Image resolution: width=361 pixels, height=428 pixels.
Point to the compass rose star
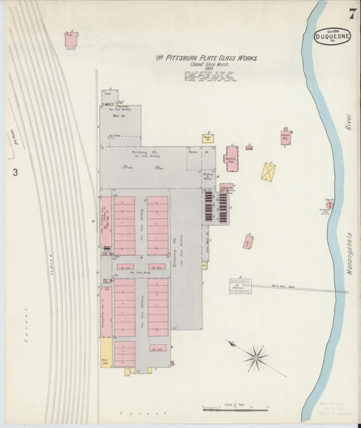tap(256, 354)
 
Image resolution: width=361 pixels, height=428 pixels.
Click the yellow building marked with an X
tap(269, 171)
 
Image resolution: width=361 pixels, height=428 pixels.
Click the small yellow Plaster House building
tap(207, 138)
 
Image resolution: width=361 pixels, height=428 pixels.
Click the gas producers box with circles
tap(240, 286)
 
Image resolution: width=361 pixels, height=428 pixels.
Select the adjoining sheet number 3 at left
tap(14, 172)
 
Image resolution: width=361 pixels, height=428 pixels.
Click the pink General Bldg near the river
tap(285, 137)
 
